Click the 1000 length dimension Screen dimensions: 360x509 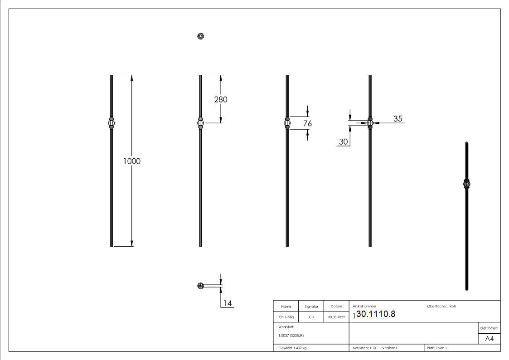pos(132,161)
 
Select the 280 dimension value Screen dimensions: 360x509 pos(220,99)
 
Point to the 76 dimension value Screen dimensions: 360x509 pos(307,123)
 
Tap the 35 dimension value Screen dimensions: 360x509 pos(398,119)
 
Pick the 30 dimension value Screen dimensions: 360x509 pos(343,142)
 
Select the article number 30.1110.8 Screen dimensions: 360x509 pos(376,314)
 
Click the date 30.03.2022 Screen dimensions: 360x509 pos(336,317)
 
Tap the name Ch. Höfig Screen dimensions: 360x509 pos(286,317)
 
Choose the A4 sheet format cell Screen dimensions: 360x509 pos(489,339)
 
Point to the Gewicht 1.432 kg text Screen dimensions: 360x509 pos(292,348)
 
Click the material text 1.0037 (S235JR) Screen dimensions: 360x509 pos(291,336)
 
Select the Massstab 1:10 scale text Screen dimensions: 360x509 pos(364,348)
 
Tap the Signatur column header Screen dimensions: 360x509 pos(311,306)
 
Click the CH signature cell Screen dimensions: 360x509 pos(311,317)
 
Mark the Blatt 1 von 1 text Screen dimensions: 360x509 pos(437,348)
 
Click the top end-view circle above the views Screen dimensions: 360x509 pos(200,36)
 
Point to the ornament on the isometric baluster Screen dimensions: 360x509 pos(467,184)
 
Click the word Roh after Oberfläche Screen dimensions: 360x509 pos(452,306)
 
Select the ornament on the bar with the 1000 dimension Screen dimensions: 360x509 pos(111,122)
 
